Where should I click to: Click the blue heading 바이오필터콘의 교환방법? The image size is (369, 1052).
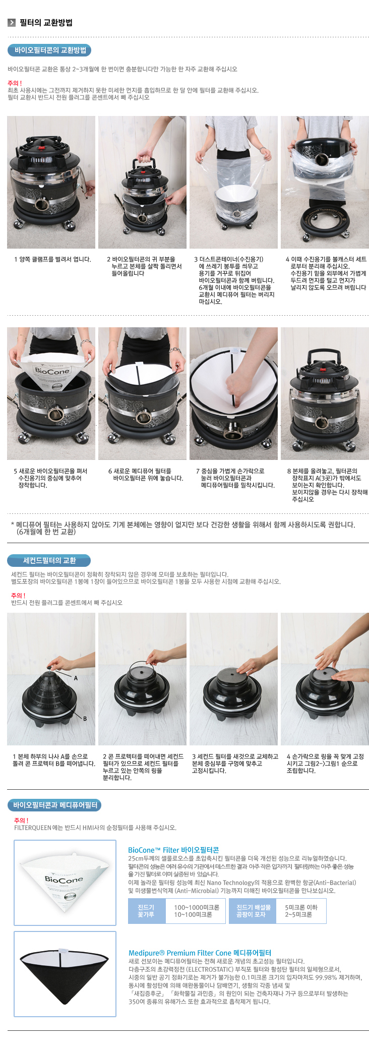point(50,50)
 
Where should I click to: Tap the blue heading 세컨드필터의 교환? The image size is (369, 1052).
point(49,560)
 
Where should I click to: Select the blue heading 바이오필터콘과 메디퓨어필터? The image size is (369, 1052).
point(54,805)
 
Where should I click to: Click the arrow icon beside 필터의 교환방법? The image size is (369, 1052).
point(12,22)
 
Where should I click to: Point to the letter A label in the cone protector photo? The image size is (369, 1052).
point(76,678)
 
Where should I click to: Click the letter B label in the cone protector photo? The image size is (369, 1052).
point(85,719)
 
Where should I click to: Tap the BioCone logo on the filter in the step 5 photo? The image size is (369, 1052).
point(52,371)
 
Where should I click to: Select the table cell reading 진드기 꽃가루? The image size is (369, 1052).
point(147,910)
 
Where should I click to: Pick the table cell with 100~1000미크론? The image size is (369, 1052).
point(196,910)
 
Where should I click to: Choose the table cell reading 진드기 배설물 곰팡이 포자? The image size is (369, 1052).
point(254,910)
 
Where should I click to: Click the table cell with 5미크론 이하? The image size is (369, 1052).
point(301,910)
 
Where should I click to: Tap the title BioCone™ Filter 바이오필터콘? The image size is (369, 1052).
point(173,850)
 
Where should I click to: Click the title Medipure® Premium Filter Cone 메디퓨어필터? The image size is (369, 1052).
point(200,953)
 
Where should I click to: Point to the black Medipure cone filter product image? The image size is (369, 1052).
point(65,971)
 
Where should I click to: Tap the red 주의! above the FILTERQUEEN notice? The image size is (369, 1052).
point(21,820)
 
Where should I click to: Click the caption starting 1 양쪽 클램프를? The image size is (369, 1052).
point(52,259)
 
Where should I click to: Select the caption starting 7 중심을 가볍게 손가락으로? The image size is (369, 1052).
point(235,478)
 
